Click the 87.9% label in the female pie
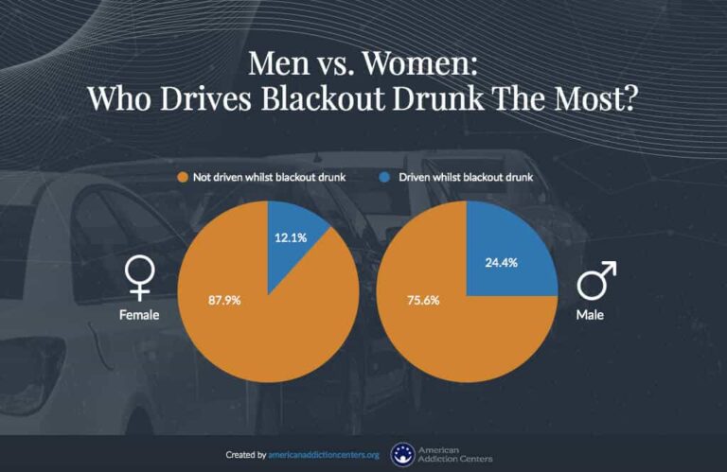tap(223, 301)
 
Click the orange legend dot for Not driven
tap(180, 178)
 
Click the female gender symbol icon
tap(139, 276)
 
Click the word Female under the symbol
tap(139, 313)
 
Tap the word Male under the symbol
tap(590, 313)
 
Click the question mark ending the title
tap(629, 98)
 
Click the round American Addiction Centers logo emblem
tap(402, 454)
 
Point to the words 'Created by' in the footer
tap(245, 455)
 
